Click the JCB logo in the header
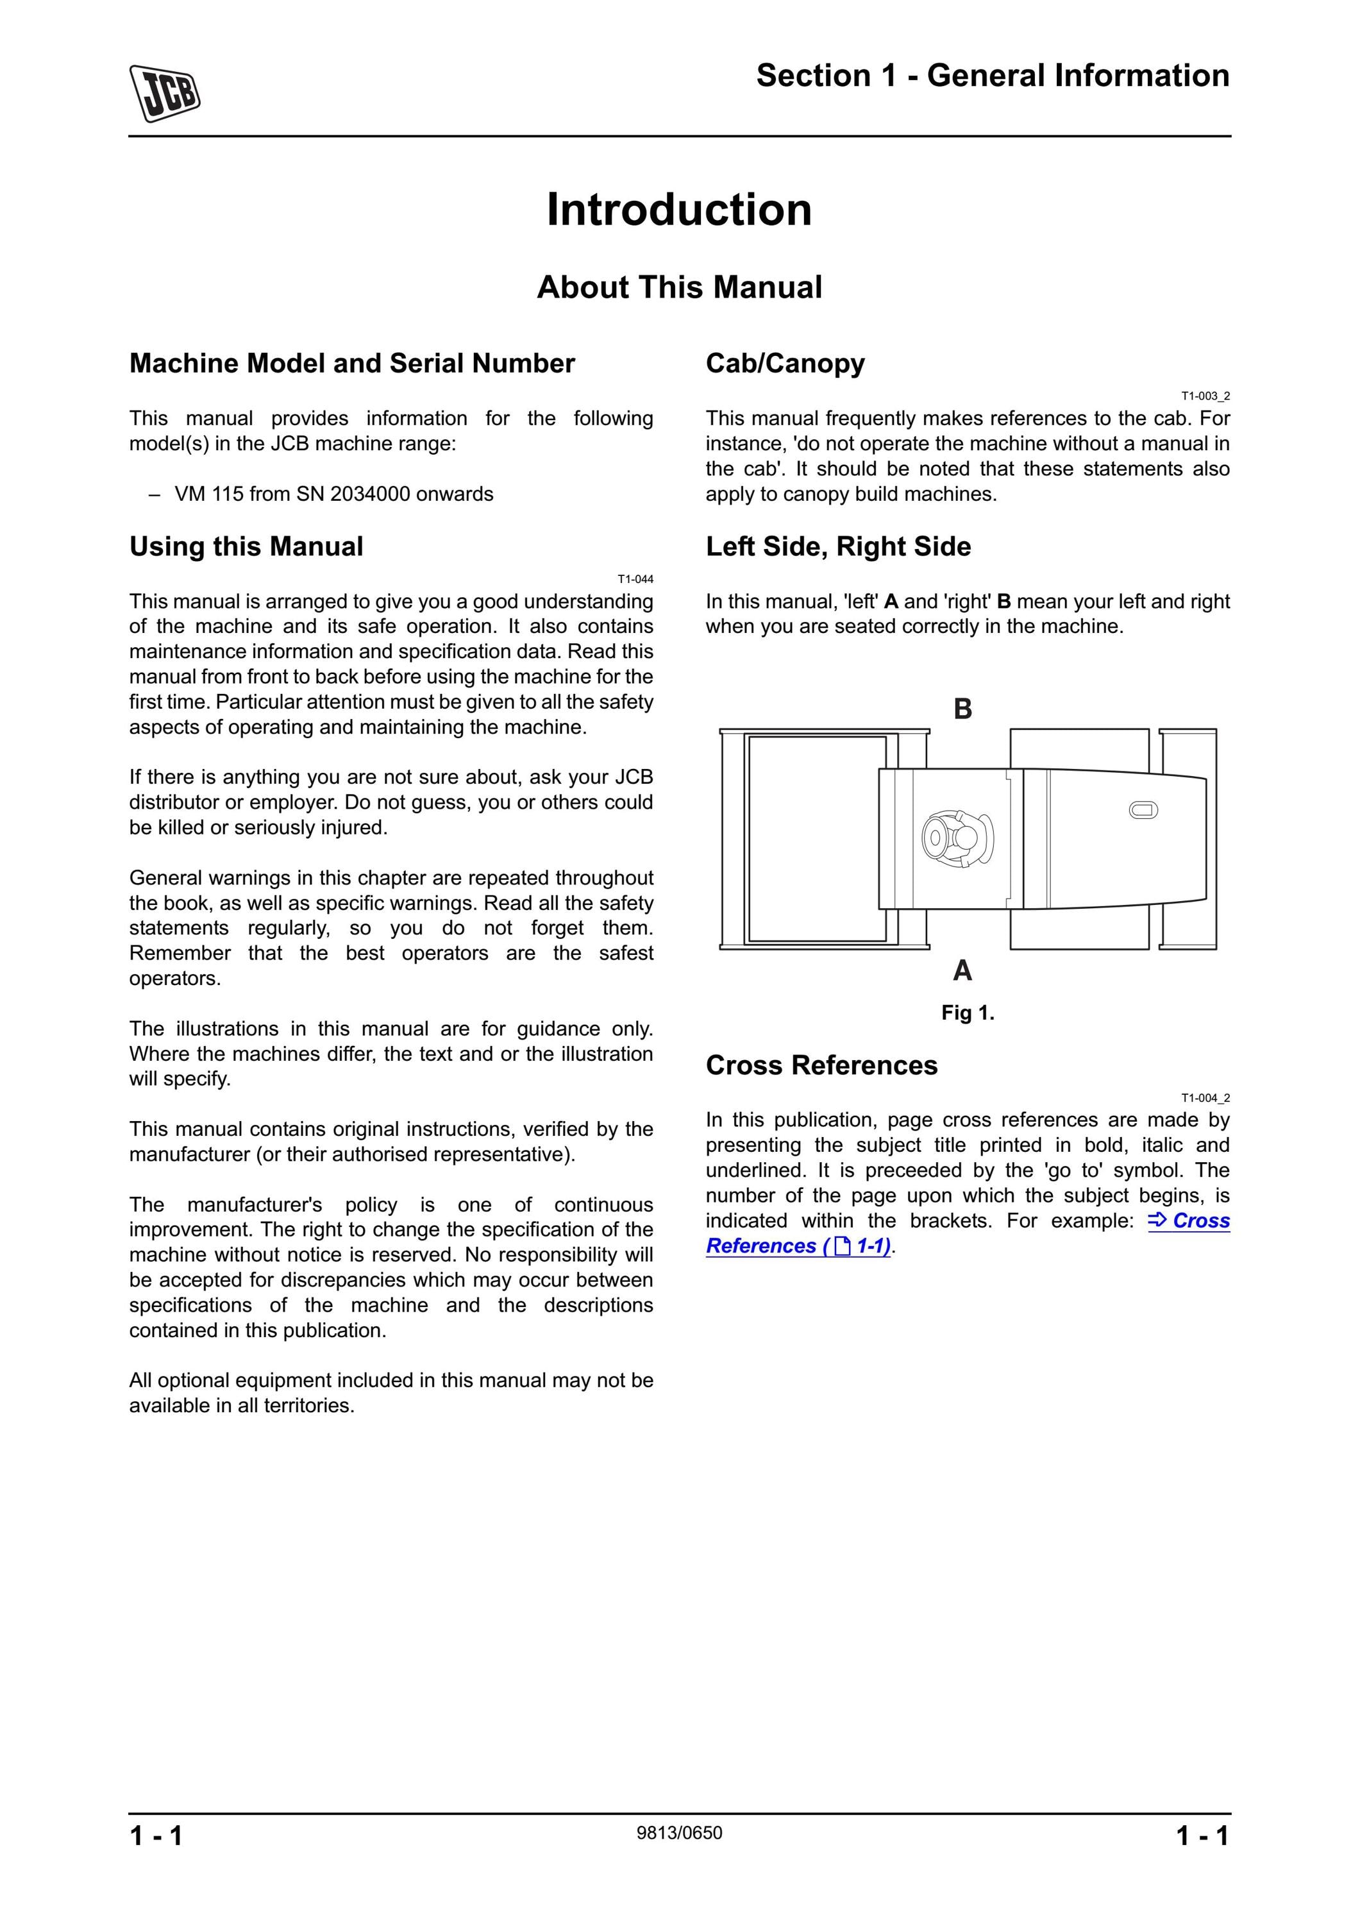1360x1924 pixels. tap(164, 93)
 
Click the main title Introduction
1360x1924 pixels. tap(679, 210)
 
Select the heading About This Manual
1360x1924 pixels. tap(679, 287)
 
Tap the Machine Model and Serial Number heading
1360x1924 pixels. tap(352, 364)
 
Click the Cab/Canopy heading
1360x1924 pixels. tap(785, 364)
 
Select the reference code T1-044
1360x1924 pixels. tap(635, 579)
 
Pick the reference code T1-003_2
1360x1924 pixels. tap(1205, 396)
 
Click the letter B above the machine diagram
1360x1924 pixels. tap(963, 709)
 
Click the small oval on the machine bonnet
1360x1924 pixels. tap(1143, 811)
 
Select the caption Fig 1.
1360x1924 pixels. tap(968, 1013)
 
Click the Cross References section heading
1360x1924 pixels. tap(821, 1065)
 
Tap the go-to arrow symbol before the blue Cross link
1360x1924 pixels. tap(1157, 1221)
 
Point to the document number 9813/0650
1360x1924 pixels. tap(679, 1833)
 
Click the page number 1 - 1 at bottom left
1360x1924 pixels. tap(156, 1836)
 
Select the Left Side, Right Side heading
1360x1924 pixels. tap(838, 547)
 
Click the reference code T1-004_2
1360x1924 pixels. tap(1205, 1098)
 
